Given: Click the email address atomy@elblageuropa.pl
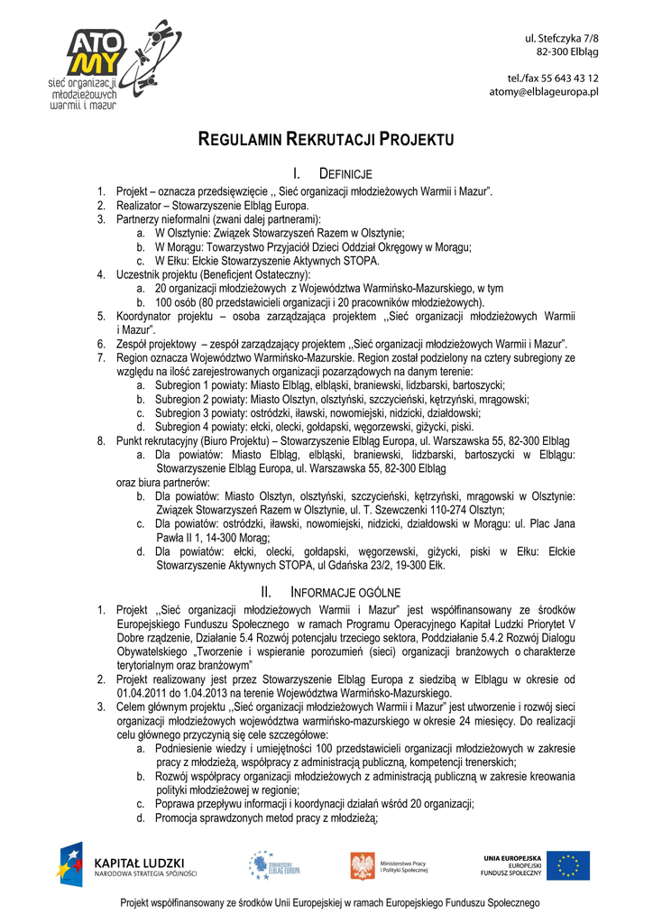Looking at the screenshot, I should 544,92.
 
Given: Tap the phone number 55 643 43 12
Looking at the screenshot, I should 566,79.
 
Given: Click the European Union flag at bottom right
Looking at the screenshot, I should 572,866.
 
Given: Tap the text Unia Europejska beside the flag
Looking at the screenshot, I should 512,858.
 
